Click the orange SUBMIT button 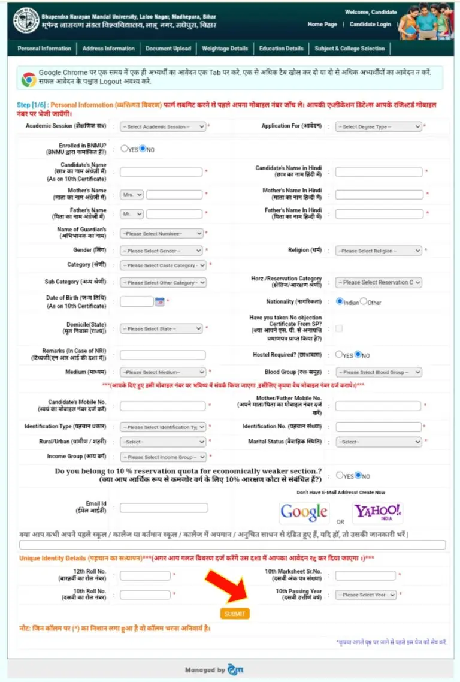pyautogui.click(x=235, y=614)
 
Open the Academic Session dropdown pyautogui.click(x=163, y=127)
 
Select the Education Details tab pyautogui.click(x=281, y=49)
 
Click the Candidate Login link pyautogui.click(x=370, y=25)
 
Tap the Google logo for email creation pyautogui.click(x=304, y=512)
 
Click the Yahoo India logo pyautogui.click(x=377, y=512)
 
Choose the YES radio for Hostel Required pyautogui.click(x=339, y=355)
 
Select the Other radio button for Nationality pyautogui.click(x=364, y=301)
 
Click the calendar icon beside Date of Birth pyautogui.click(x=159, y=302)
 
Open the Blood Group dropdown pyautogui.click(x=379, y=372)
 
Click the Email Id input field pyautogui.click(x=164, y=508)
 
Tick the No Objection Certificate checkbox pyautogui.click(x=339, y=328)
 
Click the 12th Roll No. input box pyautogui.click(x=145, y=576)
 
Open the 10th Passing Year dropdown pyautogui.click(x=366, y=595)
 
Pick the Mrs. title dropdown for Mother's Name pyautogui.click(x=132, y=195)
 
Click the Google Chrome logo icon pyautogui.click(x=28, y=79)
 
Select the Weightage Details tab pyautogui.click(x=225, y=49)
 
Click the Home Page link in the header pyautogui.click(x=322, y=25)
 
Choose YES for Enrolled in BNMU pyautogui.click(x=124, y=149)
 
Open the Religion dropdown pyautogui.click(x=379, y=251)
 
